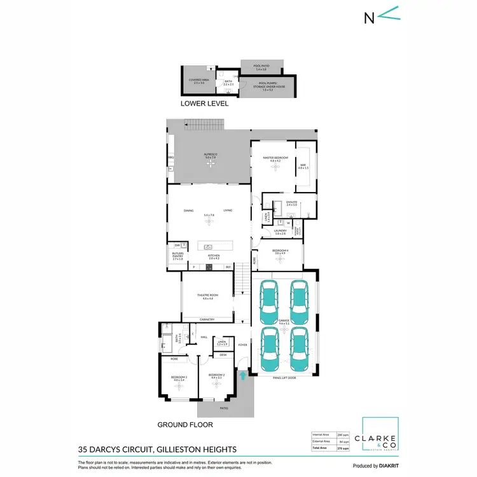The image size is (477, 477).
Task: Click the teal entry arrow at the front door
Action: click(x=242, y=377)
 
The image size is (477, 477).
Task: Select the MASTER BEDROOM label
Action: click(x=279, y=158)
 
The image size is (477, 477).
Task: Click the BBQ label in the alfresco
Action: click(x=170, y=156)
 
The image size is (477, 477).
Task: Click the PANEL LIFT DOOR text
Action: click(x=283, y=377)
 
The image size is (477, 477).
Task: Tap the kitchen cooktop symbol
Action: click(x=207, y=266)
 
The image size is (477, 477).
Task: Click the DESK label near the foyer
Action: click(x=223, y=354)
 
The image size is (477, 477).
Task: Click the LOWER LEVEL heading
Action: click(x=204, y=104)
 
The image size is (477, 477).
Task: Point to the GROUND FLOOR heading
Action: click(x=184, y=424)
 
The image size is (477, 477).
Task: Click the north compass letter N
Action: click(x=368, y=17)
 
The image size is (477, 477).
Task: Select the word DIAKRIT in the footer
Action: click(x=386, y=466)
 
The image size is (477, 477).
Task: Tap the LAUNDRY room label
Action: click(x=279, y=233)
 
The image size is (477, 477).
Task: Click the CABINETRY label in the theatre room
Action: click(x=207, y=319)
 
